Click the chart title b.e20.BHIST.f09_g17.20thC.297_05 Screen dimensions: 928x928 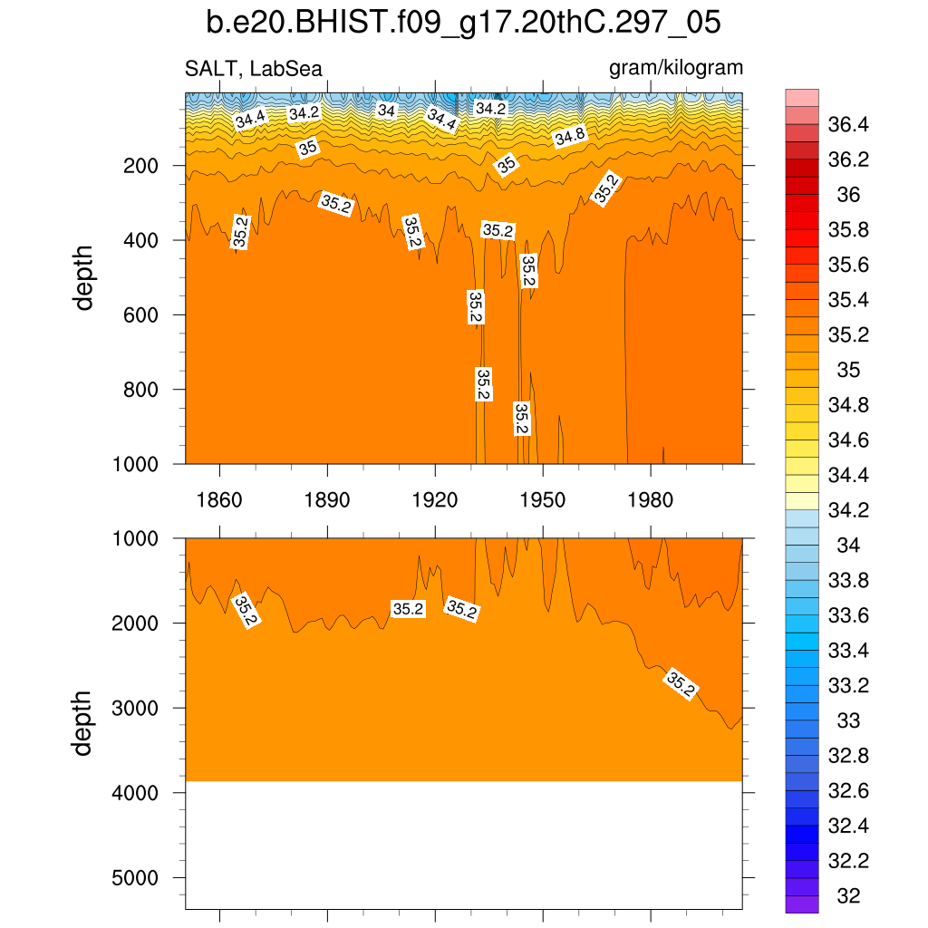463,23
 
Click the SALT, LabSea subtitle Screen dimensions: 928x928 253,68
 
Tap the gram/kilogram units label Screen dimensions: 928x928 675,68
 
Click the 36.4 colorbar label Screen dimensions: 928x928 848,125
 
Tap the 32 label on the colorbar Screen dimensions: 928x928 848,896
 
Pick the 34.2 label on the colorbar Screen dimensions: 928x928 848,510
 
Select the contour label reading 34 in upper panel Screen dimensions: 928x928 387,111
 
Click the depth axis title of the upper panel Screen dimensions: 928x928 84,278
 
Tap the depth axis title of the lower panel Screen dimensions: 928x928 84,723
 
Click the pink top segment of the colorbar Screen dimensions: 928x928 802,98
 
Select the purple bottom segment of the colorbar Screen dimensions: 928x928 802,904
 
